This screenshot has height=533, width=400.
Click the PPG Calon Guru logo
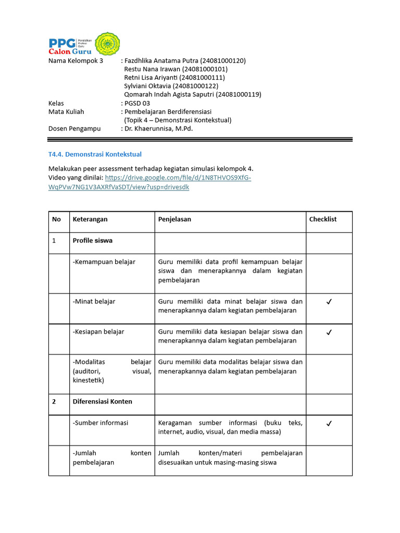click(x=70, y=45)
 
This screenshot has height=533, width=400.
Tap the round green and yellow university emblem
click(x=107, y=44)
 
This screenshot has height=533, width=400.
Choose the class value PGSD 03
click(x=137, y=103)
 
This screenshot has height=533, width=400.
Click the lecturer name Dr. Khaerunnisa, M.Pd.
click(x=158, y=129)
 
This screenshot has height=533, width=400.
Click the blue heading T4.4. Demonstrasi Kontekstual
click(x=95, y=155)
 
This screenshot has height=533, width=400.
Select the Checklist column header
click(x=323, y=219)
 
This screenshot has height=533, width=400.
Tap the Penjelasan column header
click(x=174, y=219)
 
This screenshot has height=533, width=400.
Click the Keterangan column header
click(x=90, y=219)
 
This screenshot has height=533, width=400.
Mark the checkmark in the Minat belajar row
click(x=329, y=302)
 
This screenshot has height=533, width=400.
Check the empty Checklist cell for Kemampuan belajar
click(x=329, y=273)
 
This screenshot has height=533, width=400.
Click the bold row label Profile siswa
click(x=93, y=240)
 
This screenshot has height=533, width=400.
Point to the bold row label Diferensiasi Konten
click(x=103, y=401)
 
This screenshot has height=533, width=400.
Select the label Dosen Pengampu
click(x=74, y=129)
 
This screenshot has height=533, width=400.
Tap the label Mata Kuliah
click(x=66, y=111)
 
